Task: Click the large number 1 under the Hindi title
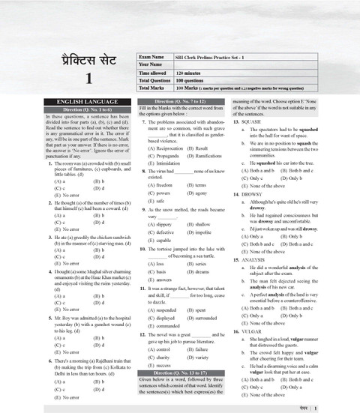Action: (x=88, y=78)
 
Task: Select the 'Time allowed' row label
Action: (x=157, y=72)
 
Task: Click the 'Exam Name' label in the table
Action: (x=154, y=56)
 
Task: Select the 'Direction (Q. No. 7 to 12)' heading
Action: (x=181, y=100)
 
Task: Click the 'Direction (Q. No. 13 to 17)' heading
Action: (x=181, y=372)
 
